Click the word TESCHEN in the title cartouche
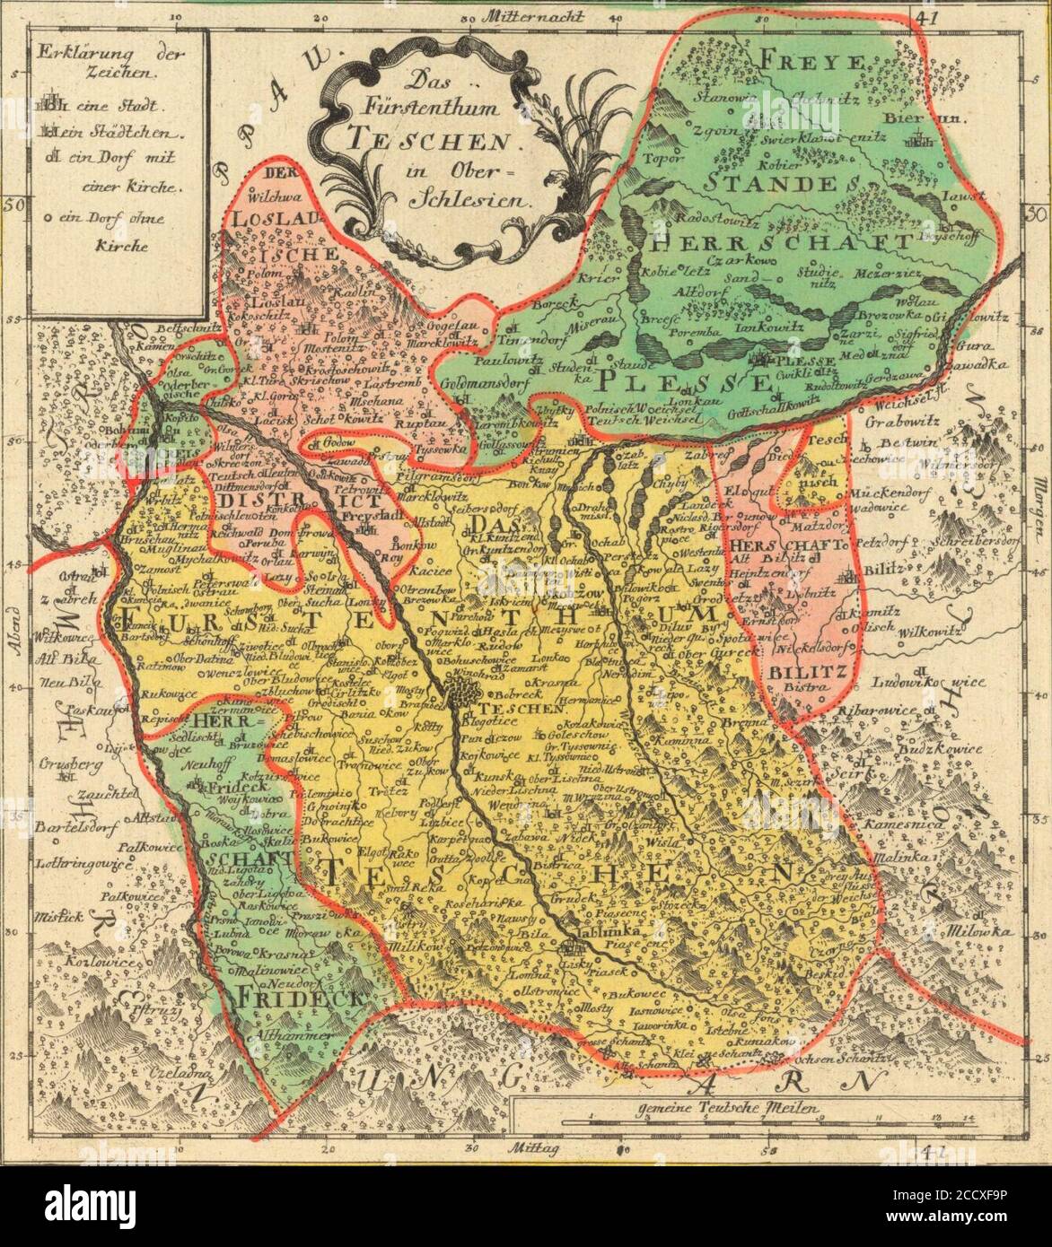coord(427,140)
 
